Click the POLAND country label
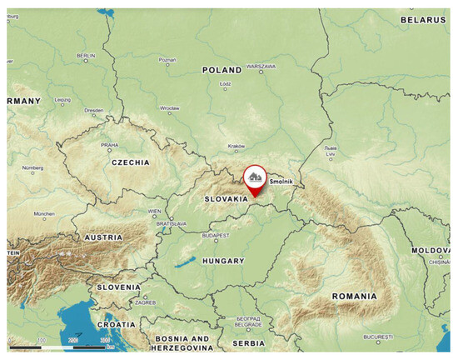tap(221, 71)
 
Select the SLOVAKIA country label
tap(226, 198)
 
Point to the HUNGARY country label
tap(222, 260)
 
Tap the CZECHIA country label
tap(131, 162)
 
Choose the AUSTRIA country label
tap(103, 237)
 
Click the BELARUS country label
tap(423, 18)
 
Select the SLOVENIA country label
tap(117, 286)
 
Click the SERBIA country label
tap(249, 343)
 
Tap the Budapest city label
tap(216, 235)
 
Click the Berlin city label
tap(87, 56)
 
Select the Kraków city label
tap(237, 145)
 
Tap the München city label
tap(44, 214)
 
